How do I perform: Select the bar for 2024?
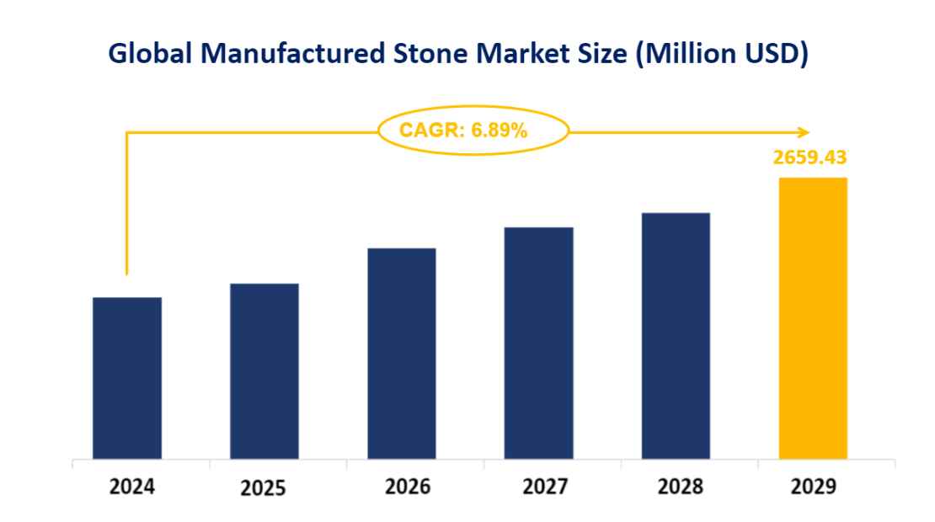(x=126, y=378)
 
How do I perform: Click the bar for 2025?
(x=264, y=371)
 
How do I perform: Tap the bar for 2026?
(x=401, y=354)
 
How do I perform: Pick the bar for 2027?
(x=538, y=343)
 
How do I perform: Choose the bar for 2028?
(x=676, y=336)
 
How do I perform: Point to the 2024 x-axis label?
(x=132, y=487)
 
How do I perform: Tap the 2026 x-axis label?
(x=408, y=487)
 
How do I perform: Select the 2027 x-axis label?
(x=544, y=487)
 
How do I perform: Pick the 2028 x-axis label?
(x=681, y=487)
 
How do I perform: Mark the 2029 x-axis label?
(x=813, y=487)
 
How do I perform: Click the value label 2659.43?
(x=809, y=157)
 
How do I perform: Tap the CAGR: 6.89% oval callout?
(x=473, y=130)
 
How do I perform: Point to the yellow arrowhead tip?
(x=808, y=131)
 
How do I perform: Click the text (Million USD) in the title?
(x=722, y=53)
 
